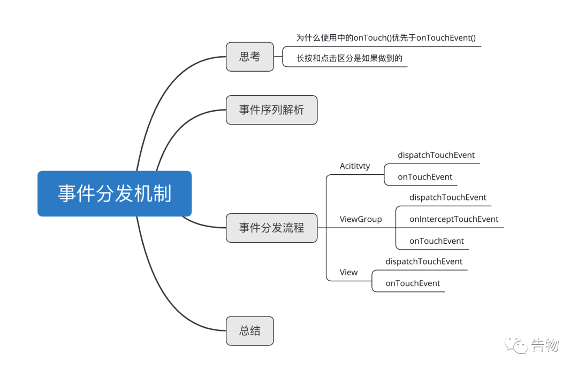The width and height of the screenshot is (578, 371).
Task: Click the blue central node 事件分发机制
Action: point(115,194)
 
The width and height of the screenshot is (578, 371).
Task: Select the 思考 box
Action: point(249,57)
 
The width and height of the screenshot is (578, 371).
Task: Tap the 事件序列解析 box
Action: point(271,110)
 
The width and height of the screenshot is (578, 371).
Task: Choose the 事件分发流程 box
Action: point(271,228)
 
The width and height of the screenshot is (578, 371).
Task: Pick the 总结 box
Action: point(249,331)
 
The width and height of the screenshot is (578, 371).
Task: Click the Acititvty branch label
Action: point(355,166)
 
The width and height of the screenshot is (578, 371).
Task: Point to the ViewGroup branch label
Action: point(361,219)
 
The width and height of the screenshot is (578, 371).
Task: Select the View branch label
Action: point(348,272)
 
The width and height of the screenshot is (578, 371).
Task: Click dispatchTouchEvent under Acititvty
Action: point(436,156)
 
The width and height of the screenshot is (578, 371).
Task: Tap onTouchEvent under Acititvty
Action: point(424,177)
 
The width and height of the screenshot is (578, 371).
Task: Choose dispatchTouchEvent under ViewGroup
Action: point(448,198)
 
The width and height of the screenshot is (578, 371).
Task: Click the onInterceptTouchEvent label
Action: point(454,219)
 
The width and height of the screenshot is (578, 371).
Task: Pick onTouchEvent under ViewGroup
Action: point(437,241)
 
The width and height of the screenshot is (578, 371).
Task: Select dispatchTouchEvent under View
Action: point(424,262)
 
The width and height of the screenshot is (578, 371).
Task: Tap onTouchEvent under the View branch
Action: point(413,283)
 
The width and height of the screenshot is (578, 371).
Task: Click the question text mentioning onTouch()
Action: point(386,38)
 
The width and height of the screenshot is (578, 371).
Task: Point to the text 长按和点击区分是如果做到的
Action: point(349,58)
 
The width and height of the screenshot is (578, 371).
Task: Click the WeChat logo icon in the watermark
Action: point(516,345)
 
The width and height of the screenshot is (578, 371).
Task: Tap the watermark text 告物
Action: point(545,345)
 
